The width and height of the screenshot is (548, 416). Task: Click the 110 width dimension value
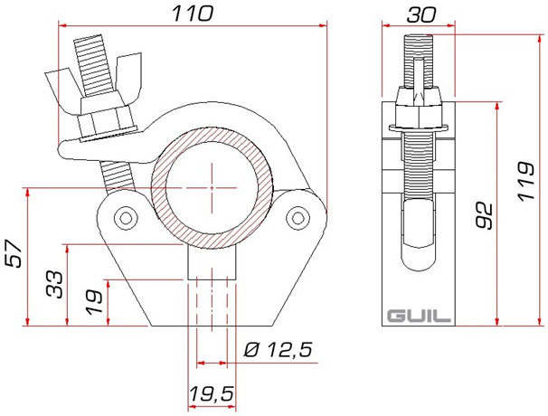193,14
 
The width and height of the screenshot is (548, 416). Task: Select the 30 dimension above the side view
421,15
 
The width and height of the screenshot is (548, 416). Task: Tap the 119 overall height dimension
526,181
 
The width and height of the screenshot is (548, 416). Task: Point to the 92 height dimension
485,216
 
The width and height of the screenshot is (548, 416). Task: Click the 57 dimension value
14,253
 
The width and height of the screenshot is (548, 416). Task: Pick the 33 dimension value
55,285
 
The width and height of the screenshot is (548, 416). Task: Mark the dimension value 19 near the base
94,302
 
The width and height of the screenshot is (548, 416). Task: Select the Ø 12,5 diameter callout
278,349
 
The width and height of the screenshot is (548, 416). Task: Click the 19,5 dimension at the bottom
212,394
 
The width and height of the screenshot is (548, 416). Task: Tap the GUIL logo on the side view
419,316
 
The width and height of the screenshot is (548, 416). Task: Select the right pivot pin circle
298,218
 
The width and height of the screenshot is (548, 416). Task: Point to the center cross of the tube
212,188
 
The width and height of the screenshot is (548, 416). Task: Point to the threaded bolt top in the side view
419,60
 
